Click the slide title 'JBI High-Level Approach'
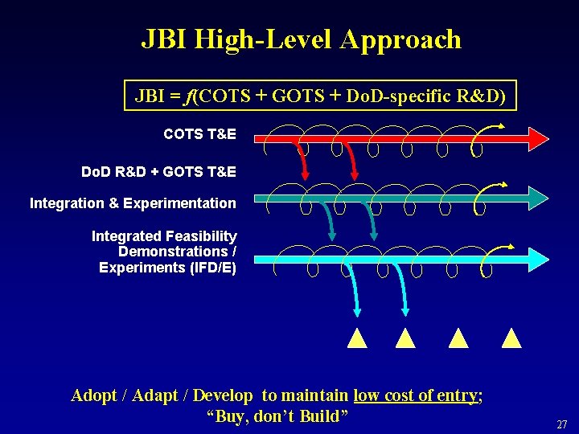[301, 39]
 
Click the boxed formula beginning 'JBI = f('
[320, 96]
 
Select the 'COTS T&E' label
[199, 134]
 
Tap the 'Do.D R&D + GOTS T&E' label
[158, 172]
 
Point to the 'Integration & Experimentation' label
[133, 203]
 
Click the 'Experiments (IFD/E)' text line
[167, 268]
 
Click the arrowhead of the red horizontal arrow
[537, 138]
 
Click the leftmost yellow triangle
[357, 338]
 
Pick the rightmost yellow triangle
[511, 338]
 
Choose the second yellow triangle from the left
[405, 338]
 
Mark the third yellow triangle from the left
[458, 338]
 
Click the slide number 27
[561, 424]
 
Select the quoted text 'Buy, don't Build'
[277, 416]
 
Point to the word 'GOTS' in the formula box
[294, 96]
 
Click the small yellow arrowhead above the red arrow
[501, 126]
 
